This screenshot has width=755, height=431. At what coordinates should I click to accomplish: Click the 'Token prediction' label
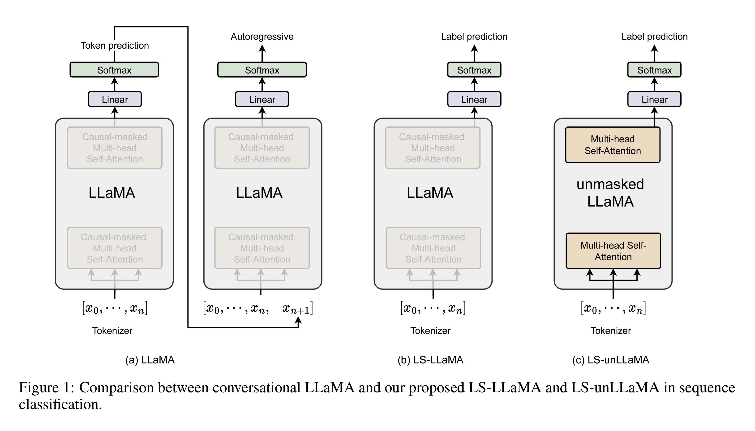click(115, 46)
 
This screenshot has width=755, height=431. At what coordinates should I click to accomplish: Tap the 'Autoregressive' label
click(262, 37)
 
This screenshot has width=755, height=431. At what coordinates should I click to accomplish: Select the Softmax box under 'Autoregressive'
click(262, 70)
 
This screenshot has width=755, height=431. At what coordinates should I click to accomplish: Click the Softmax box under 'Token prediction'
click(114, 70)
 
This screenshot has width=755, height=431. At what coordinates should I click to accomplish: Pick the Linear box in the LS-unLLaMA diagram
click(654, 99)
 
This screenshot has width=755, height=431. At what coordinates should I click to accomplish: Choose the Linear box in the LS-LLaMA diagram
click(474, 99)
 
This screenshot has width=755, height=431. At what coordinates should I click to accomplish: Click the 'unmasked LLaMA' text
click(610, 193)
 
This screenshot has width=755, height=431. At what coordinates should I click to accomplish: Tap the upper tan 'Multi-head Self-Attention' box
click(613, 145)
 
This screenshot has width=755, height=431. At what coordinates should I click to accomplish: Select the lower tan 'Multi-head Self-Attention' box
click(613, 251)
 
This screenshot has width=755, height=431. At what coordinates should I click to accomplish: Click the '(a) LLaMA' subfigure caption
click(150, 360)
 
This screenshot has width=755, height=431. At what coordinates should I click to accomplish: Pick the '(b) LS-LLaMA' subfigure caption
click(430, 360)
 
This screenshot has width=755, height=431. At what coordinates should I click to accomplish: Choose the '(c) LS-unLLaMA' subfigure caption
click(611, 360)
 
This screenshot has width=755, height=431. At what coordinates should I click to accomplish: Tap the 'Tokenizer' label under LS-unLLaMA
click(611, 331)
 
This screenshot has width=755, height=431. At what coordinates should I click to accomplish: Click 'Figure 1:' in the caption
click(47, 388)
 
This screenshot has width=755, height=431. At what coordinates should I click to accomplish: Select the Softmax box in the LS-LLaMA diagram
click(474, 70)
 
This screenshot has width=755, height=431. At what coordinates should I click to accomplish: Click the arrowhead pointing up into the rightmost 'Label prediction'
click(654, 48)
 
